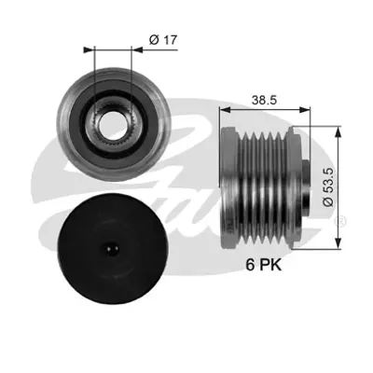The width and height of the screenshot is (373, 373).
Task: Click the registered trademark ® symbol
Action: (340, 221)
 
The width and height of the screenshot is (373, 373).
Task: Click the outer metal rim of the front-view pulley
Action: (65, 122)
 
